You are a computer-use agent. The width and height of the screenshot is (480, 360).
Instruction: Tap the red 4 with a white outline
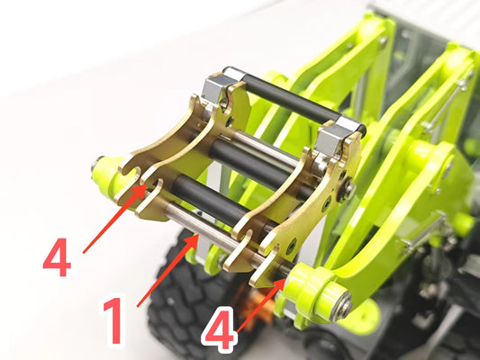point(221,329)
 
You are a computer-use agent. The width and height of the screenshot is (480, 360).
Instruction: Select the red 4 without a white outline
point(58,258)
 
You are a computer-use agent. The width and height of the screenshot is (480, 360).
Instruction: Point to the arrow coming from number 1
point(168,270)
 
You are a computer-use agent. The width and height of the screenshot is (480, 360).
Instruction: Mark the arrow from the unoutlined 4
point(114,218)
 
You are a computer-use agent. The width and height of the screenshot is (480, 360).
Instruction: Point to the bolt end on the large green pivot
point(345,308)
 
